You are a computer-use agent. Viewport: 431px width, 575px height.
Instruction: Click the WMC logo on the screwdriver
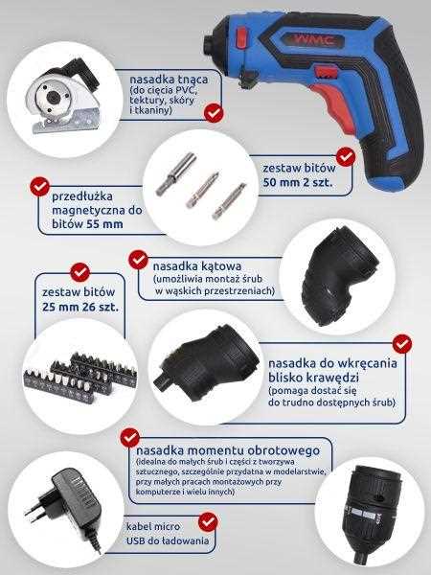tap(313, 39)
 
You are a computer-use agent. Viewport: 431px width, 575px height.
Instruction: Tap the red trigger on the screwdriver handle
tap(332, 103)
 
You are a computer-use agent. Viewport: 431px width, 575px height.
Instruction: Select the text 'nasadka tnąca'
tap(169, 80)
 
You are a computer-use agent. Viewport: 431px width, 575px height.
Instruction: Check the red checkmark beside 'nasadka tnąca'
tap(214, 113)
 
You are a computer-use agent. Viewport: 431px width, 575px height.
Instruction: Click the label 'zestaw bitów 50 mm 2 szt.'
tap(299, 175)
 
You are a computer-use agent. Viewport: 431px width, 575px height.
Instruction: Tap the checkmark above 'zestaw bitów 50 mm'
tap(345, 156)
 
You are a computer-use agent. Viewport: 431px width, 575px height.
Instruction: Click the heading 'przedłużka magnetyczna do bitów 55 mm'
tap(97, 210)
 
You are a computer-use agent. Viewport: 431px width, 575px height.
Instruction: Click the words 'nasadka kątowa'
tap(197, 266)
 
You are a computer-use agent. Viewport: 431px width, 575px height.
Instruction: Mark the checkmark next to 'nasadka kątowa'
tap(138, 260)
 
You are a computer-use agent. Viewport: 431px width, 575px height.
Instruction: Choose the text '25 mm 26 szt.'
tap(80, 307)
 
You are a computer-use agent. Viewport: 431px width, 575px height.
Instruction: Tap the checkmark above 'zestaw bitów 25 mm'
tap(79, 272)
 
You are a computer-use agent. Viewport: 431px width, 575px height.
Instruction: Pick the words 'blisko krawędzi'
tap(313, 378)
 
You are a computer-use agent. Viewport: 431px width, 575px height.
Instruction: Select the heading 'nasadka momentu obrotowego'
tap(228, 450)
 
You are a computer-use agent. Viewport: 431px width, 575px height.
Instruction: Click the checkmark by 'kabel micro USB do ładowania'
tap(208, 522)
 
